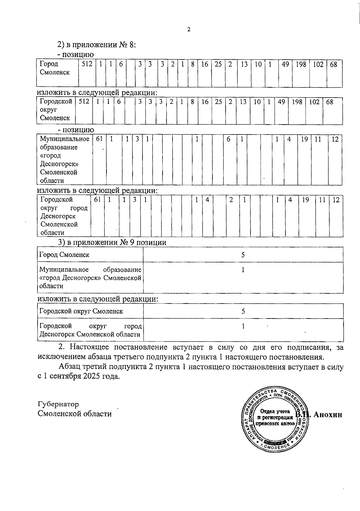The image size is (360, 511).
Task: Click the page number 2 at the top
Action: click(x=189, y=29)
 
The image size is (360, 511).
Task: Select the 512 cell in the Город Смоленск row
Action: click(x=87, y=64)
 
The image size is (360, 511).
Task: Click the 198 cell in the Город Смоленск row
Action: click(x=301, y=64)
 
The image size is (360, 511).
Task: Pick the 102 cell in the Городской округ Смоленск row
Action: click(x=314, y=102)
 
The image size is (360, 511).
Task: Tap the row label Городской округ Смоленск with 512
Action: click(x=56, y=110)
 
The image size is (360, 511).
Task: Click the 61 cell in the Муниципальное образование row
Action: click(x=99, y=139)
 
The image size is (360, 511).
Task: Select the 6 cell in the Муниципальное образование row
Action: click(x=228, y=139)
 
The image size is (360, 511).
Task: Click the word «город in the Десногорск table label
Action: click(x=50, y=156)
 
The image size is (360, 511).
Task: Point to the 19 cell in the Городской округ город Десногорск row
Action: click(x=305, y=200)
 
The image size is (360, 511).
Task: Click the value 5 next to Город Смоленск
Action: click(x=243, y=255)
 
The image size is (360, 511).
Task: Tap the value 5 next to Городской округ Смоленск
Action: click(x=243, y=311)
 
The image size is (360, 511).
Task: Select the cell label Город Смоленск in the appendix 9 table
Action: click(x=64, y=255)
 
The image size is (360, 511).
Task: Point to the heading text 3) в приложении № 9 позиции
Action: click(x=112, y=242)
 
